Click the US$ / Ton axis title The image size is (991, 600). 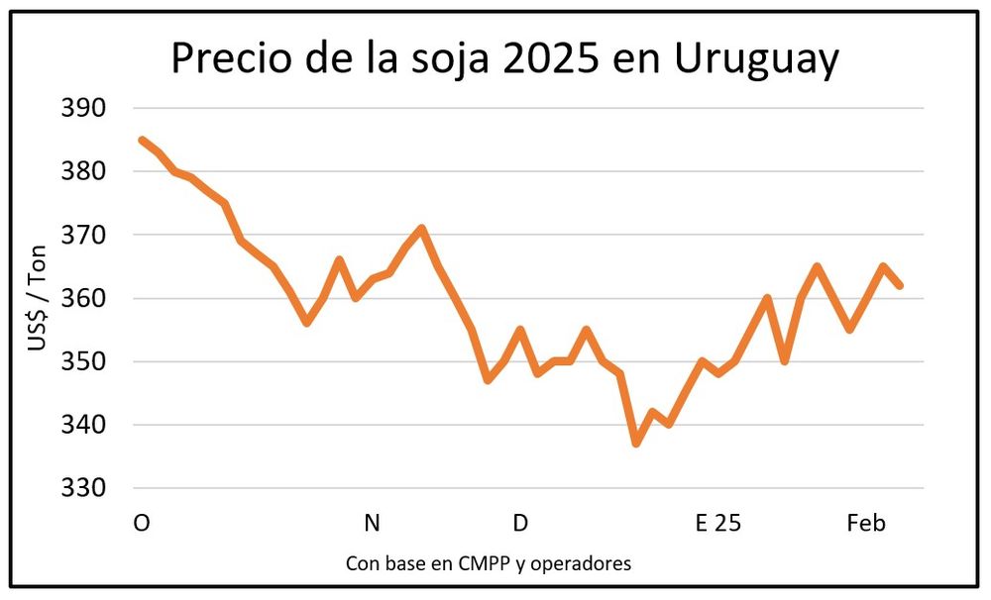[x=38, y=298]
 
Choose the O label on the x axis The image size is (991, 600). [x=142, y=523]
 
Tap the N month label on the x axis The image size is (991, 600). [x=372, y=523]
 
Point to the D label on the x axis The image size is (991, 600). [x=520, y=523]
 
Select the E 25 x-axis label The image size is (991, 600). [x=717, y=523]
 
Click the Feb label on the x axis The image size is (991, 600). [x=866, y=523]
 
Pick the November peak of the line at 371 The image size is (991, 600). [x=422, y=229]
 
